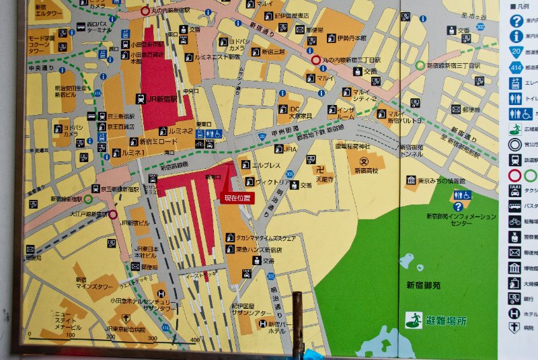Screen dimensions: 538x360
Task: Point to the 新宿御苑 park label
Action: point(424,285)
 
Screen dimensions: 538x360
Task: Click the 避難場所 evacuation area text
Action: point(445,321)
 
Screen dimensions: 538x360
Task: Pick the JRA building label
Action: point(291,149)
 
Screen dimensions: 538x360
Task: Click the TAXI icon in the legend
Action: point(514,189)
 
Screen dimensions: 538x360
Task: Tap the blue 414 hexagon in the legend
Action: point(515,67)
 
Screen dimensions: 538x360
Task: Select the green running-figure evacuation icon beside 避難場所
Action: point(414,321)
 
